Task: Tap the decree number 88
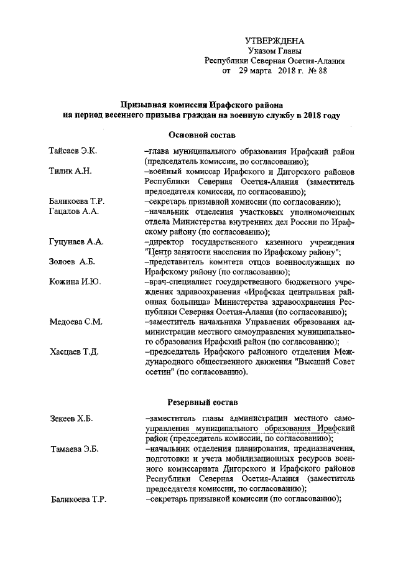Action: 321,72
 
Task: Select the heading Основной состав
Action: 201,134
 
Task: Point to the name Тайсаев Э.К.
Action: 70,151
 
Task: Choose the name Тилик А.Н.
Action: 70,172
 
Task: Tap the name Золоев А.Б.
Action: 71,262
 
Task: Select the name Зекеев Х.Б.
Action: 70,419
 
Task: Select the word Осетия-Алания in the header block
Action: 318,61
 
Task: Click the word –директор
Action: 163,242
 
